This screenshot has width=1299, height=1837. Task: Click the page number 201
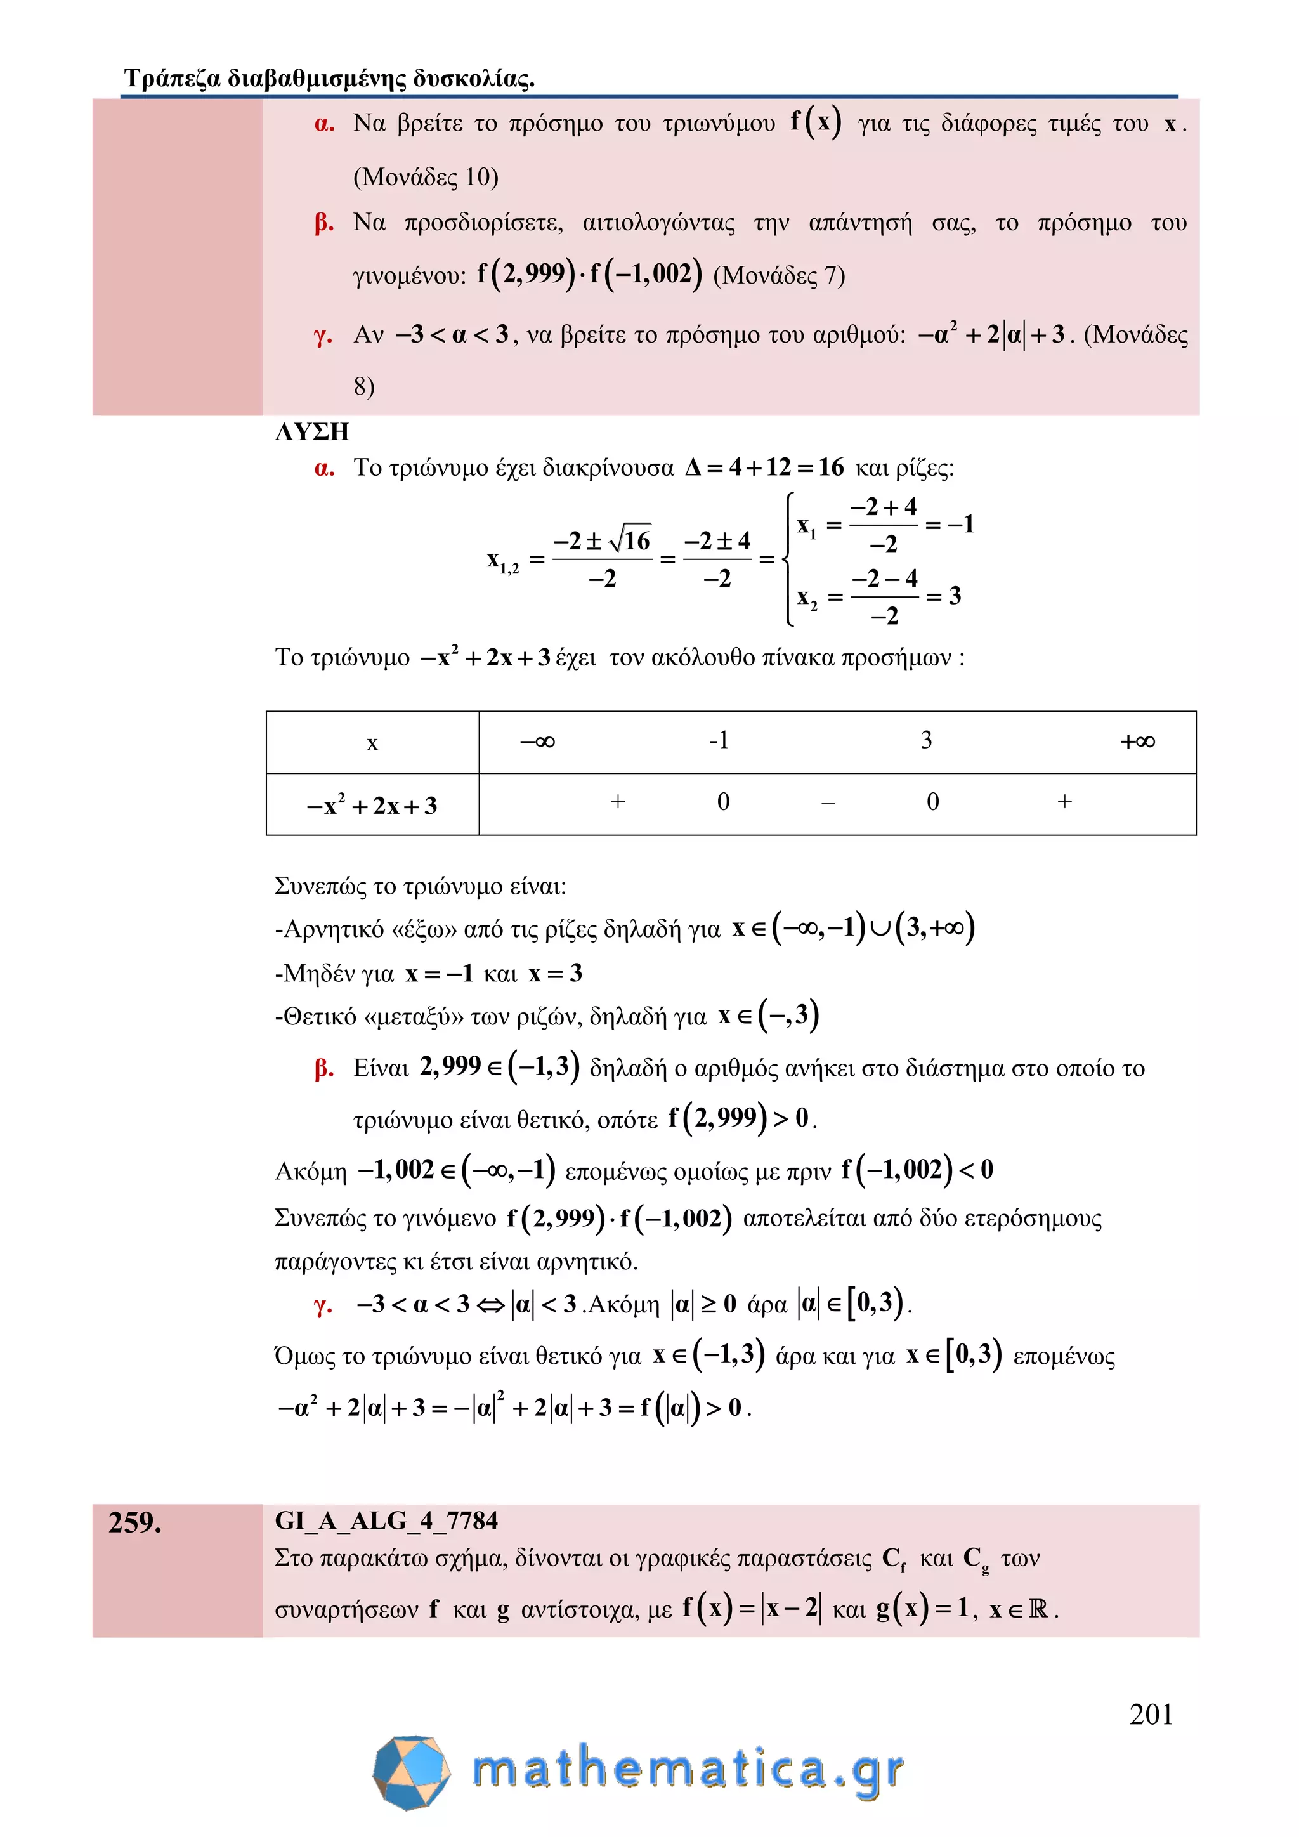[x=1150, y=1714]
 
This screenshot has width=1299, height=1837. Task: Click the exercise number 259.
[x=134, y=1522]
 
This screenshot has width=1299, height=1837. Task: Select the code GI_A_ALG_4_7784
[x=386, y=1520]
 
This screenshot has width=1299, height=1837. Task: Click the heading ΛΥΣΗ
[x=312, y=432]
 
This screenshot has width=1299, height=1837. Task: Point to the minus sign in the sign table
[x=828, y=802]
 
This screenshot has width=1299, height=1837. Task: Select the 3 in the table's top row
[x=926, y=740]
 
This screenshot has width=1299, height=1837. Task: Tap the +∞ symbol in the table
[x=1137, y=742]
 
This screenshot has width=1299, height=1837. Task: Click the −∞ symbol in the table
[x=537, y=742]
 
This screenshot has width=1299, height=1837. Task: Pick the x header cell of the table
[x=372, y=743]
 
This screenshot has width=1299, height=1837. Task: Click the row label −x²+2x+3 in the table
[x=372, y=806]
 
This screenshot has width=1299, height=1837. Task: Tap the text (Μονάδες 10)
[x=426, y=177]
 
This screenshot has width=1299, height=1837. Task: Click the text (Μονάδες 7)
[x=778, y=276]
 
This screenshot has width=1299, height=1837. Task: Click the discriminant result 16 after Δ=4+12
[x=830, y=467]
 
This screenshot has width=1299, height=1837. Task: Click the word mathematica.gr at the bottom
[x=688, y=1770]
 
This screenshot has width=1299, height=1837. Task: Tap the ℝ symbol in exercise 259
[x=1038, y=1609]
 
